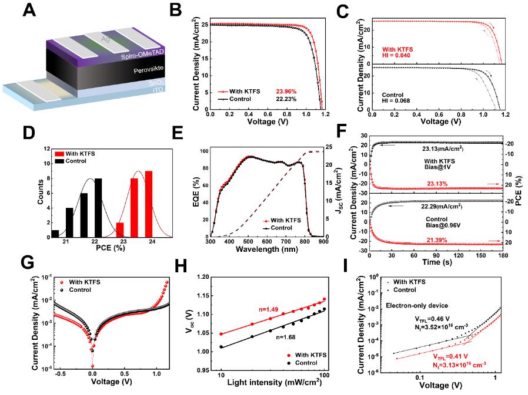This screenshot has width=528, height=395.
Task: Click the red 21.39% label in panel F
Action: point(436,234)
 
